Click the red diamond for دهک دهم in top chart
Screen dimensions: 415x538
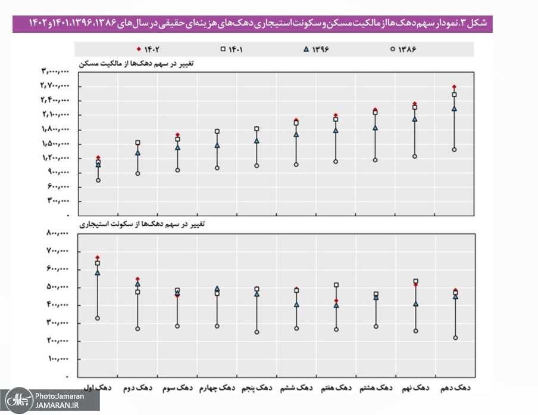455,87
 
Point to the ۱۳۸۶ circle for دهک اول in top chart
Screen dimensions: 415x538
98,180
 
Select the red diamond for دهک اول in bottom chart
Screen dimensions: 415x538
98,258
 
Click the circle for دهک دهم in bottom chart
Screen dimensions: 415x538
455,337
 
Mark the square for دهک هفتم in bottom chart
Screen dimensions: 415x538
336,285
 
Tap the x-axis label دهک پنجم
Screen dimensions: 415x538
256,388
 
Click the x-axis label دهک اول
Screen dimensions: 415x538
98,388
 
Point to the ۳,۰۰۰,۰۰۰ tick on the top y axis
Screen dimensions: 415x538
55,72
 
